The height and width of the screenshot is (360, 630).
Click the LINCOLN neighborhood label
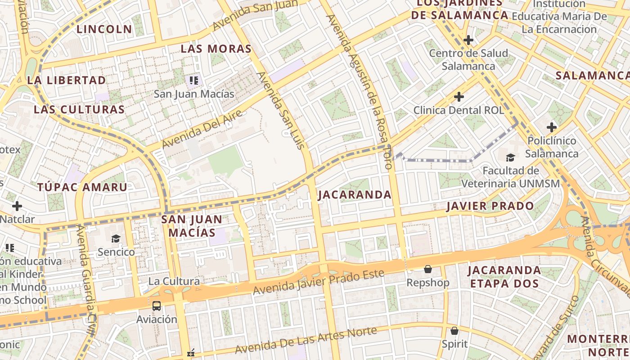point(104,30)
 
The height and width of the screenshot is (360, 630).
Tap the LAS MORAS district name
point(216,49)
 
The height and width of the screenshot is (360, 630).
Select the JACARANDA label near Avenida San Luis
point(355,195)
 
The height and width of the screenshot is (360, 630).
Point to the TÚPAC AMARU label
point(82,187)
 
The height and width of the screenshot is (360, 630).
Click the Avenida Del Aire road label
point(202,129)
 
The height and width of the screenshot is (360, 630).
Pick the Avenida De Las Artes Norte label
point(306,340)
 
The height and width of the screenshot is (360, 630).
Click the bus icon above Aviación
point(157,306)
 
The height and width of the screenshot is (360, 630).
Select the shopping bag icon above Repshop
point(427,269)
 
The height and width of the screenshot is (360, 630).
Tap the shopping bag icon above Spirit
point(454,331)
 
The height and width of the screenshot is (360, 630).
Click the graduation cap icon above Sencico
point(116,238)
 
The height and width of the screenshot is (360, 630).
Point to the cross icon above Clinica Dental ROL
point(459,97)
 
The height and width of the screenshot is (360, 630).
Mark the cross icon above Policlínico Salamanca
point(552,127)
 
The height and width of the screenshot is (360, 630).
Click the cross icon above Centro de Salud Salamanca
point(468,40)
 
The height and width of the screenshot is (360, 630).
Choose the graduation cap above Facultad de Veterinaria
point(510,157)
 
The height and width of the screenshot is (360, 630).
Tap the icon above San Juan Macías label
point(194,81)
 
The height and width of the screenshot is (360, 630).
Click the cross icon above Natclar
point(17,206)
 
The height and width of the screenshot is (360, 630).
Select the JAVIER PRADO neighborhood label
point(490,207)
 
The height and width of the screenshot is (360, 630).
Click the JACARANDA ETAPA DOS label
point(504,277)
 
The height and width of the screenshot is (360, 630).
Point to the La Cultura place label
point(174,281)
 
